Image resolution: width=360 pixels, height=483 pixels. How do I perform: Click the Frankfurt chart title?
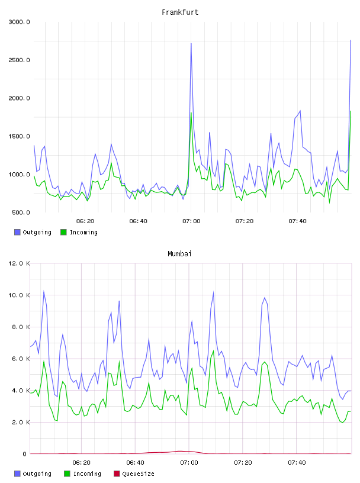click(x=180, y=12)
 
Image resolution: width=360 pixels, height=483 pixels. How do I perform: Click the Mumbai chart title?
click(x=179, y=254)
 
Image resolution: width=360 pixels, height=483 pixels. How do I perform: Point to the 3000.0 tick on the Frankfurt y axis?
click(x=19, y=22)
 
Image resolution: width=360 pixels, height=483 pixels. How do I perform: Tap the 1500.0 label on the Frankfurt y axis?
click(x=19, y=137)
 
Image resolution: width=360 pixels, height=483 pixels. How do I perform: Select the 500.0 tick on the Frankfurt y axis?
click(x=21, y=212)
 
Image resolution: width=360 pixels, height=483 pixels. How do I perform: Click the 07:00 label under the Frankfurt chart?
click(x=191, y=221)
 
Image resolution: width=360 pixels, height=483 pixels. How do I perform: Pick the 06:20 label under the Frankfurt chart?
click(x=85, y=221)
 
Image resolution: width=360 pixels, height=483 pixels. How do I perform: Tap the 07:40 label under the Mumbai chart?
click(x=297, y=463)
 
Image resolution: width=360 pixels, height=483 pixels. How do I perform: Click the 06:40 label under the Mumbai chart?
click(x=136, y=463)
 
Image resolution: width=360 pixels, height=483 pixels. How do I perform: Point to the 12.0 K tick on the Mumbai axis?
click(x=19, y=263)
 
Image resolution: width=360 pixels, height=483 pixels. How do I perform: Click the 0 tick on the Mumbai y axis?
click(x=25, y=454)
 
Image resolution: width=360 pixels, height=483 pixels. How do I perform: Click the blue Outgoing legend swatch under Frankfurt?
click(x=17, y=232)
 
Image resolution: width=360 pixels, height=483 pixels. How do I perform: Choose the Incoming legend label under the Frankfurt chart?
click(x=83, y=233)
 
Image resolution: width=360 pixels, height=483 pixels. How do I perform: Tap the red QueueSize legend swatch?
click(x=117, y=474)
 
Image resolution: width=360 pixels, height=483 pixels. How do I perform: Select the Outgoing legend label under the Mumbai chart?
click(x=37, y=474)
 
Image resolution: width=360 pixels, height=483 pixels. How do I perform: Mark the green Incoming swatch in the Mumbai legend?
click(x=67, y=474)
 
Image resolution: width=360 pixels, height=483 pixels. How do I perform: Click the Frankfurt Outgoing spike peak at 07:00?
click(x=191, y=43)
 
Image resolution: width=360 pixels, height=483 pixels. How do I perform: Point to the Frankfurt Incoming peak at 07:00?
click(x=191, y=112)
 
